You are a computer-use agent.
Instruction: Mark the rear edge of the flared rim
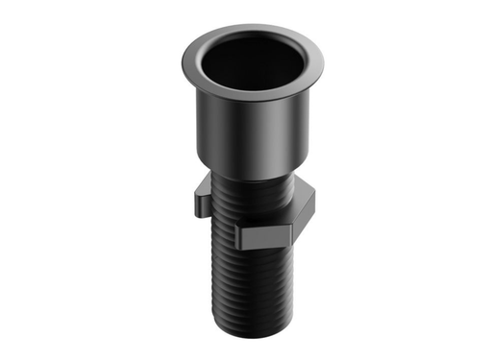[x=252, y=28]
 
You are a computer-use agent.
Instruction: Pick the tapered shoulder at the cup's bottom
[x=252, y=172]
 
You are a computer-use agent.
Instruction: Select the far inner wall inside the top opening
[x=252, y=46]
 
